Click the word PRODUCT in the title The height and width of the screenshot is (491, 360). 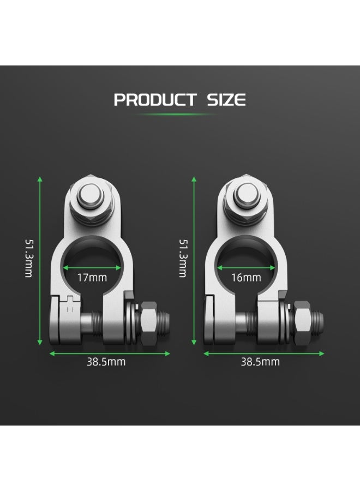tap(155, 100)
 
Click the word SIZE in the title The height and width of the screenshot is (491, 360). tap(226, 100)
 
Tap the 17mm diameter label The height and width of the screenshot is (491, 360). tap(92, 278)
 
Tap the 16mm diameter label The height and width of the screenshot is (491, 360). tap(246, 278)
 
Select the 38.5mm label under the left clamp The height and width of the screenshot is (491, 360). tap(106, 362)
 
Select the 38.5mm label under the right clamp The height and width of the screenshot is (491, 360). tap(260, 362)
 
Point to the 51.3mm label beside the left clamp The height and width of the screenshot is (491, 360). tap(29, 259)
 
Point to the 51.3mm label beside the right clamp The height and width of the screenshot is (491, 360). tap(183, 259)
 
